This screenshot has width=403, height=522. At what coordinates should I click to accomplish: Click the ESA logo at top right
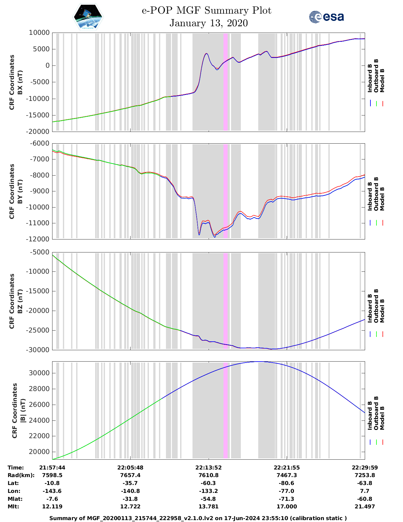point(326,17)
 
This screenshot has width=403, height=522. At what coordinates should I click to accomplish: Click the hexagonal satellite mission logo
point(88,17)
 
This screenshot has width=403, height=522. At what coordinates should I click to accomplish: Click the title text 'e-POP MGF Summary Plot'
point(206,10)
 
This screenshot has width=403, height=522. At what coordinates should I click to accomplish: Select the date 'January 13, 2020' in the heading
point(209,23)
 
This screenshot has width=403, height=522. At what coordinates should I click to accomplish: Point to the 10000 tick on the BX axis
point(39,33)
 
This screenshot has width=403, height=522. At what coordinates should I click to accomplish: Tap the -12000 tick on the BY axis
point(39,239)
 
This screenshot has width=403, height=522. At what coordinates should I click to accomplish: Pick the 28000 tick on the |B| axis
point(39,389)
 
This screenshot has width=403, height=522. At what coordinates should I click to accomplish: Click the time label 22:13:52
point(209,468)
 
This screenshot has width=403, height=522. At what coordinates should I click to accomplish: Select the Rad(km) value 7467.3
point(287,475)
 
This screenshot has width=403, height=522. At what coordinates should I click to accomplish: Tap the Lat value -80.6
point(287,483)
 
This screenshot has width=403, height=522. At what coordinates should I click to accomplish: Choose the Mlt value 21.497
point(365,506)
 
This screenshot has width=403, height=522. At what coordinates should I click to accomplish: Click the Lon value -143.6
point(52,491)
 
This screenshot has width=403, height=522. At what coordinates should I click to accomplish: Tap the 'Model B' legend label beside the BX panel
point(382,80)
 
